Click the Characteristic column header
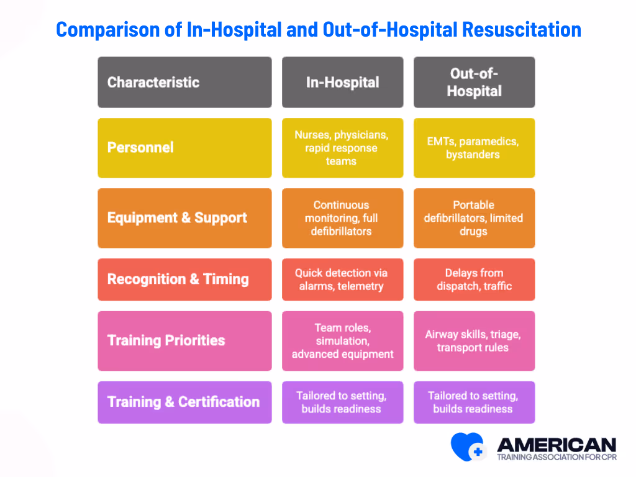pos(184,82)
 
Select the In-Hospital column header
pos(342,82)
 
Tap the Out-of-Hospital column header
pos(474,82)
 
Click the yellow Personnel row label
pos(184,148)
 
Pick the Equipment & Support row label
pos(184,218)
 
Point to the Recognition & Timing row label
pos(184,279)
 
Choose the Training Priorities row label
pos(184,340)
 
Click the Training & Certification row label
pos(184,402)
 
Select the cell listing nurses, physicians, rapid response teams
pos(342,148)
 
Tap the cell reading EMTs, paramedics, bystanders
pos(474,148)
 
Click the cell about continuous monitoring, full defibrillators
pos(342,218)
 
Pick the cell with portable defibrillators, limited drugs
pos(474,218)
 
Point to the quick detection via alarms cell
pos(342,279)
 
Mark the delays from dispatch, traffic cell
pos(474,279)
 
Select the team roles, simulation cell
pos(342,340)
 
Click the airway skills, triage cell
pos(474,340)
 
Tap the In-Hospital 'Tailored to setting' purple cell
pos(342,402)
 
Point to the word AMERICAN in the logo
pos(556,445)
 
